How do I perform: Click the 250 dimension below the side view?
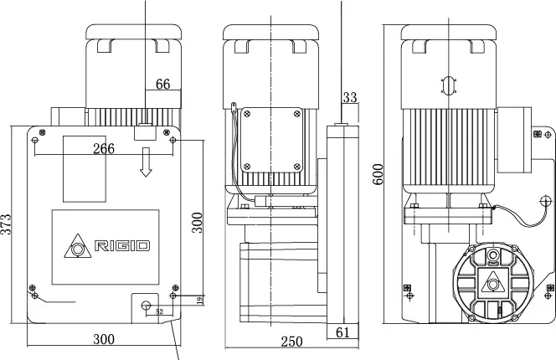(291, 341)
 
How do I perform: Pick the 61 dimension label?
(342, 333)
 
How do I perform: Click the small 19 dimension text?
(198, 300)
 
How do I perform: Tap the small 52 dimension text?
(159, 311)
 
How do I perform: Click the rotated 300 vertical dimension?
(197, 223)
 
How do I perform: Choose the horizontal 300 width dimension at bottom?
(103, 341)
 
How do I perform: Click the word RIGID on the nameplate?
(122, 246)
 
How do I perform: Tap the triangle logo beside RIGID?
(79, 245)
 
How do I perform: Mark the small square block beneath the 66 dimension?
(144, 131)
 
